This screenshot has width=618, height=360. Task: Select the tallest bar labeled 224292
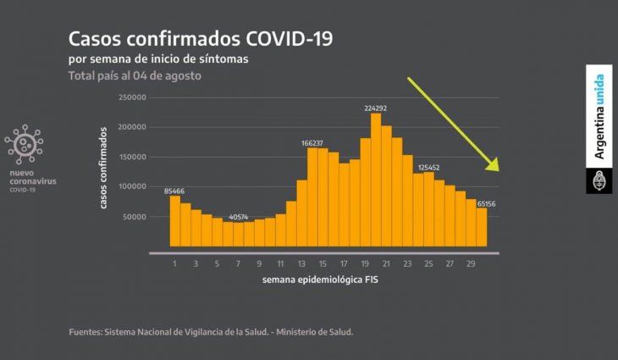(375, 180)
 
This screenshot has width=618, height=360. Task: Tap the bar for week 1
(175, 220)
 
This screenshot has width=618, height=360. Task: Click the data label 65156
(485, 203)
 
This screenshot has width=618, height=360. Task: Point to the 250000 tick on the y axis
(133, 97)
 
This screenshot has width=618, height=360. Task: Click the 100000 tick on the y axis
(133, 186)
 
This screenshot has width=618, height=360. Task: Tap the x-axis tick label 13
(301, 263)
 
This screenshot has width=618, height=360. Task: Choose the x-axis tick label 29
(471, 263)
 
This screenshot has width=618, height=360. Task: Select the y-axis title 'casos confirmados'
(103, 168)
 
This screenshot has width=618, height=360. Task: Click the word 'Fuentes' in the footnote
(86, 331)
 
